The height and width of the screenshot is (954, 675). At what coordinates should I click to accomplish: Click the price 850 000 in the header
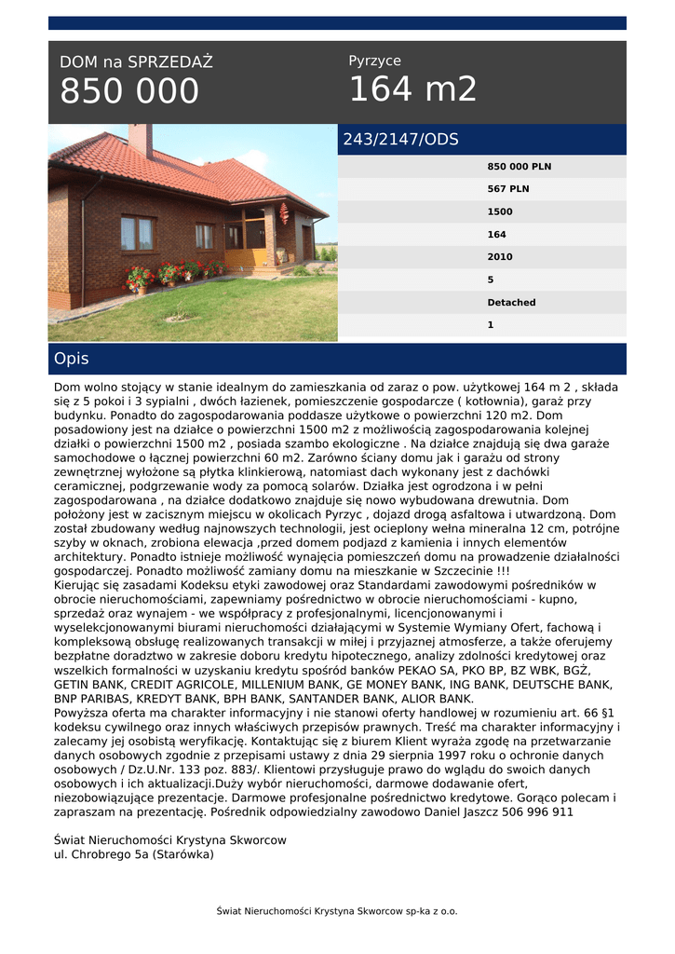coord(129,91)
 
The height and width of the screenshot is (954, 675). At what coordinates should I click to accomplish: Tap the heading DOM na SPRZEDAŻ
coord(136,62)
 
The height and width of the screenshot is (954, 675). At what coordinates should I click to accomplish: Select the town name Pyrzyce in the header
coord(374,61)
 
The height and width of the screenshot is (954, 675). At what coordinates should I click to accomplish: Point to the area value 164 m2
coord(412,89)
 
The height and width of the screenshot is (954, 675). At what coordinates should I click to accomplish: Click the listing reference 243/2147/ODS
coord(400,140)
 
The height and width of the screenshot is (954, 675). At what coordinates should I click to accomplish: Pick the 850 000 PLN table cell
coord(519,167)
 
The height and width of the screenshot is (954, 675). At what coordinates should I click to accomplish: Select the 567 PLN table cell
coord(508,189)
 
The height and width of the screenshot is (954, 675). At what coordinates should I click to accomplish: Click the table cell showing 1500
coord(500,211)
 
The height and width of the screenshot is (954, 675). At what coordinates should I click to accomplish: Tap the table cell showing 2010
coord(500,257)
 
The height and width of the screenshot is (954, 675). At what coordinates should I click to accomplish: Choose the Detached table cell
coord(511,303)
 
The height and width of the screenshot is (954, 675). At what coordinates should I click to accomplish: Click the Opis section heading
coord(72,359)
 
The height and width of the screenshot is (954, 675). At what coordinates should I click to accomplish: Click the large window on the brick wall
coord(137,233)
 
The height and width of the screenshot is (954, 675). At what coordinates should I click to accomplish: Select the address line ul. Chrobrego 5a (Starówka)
coord(134,854)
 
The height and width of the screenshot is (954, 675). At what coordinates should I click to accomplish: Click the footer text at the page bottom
coord(337,911)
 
